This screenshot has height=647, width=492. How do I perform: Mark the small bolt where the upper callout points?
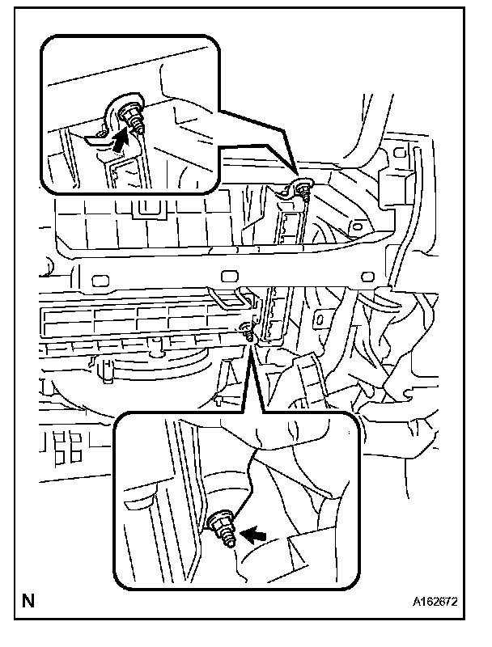pyautogui.click(x=303, y=189)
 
